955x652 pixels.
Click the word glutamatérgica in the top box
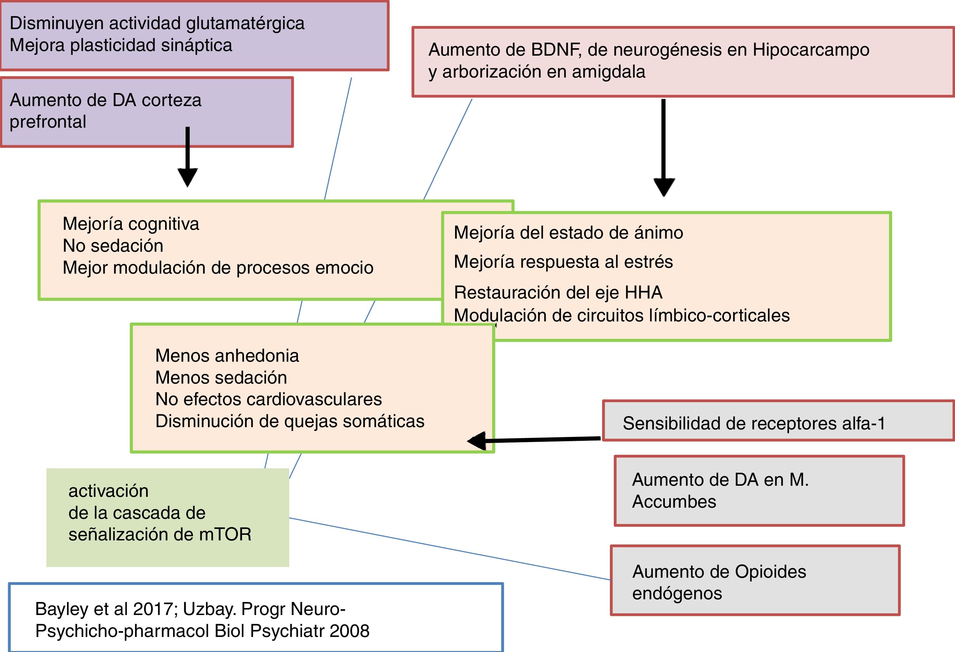click(x=245, y=24)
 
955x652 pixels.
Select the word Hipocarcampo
click(x=811, y=50)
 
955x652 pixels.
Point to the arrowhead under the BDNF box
click(x=664, y=187)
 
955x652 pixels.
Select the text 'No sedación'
click(x=113, y=246)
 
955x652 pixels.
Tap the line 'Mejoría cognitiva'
click(x=131, y=224)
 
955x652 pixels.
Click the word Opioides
click(x=770, y=572)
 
